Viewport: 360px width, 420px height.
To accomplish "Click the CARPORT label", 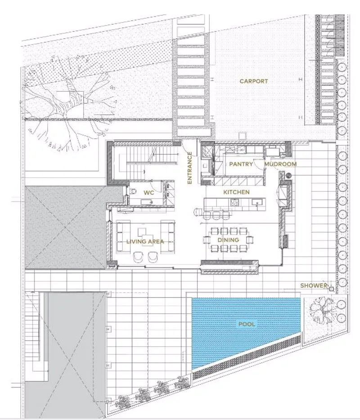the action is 253,81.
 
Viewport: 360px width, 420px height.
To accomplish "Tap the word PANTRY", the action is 241,164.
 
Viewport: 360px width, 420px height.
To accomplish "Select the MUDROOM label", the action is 280,164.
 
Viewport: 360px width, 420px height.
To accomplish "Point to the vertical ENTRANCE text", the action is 189,168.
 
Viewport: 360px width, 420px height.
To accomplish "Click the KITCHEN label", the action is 236,192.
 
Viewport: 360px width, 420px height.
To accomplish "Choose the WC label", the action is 148,193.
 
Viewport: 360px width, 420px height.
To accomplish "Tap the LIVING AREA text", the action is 145,242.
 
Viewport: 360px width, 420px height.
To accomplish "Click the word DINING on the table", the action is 228,240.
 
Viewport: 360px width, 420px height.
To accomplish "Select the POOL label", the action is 247,324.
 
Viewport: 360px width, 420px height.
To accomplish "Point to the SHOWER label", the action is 314,285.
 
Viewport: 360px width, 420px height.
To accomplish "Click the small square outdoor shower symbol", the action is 331,289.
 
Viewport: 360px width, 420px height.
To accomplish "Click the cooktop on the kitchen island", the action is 234,202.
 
